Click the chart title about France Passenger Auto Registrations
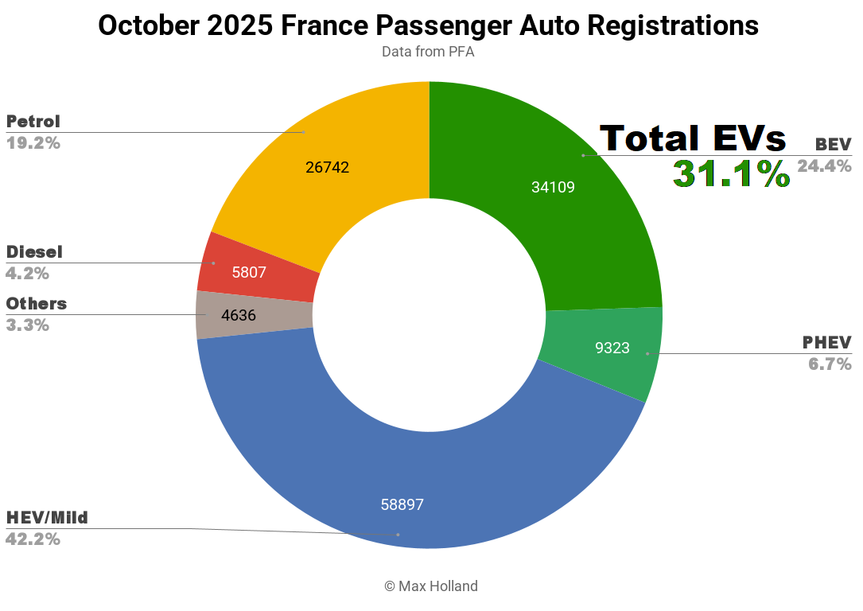click(428, 25)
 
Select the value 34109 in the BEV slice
click(553, 187)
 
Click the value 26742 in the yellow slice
click(327, 167)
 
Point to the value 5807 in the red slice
click(249, 272)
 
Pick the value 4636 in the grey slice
click(239, 315)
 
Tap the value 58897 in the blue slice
click(402, 504)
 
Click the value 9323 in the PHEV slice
click(612, 348)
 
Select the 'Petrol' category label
click(33, 122)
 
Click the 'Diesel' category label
click(34, 252)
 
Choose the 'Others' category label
click(37, 304)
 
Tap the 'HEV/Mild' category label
click(47, 518)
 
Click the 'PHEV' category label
click(826, 343)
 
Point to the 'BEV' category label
click(833, 145)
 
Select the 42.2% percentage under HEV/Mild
click(33, 539)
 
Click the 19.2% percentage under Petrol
click(33, 143)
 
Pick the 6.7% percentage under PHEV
click(830, 364)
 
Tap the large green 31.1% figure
click(731, 174)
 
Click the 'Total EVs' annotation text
click(692, 138)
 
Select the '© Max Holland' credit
click(431, 586)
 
